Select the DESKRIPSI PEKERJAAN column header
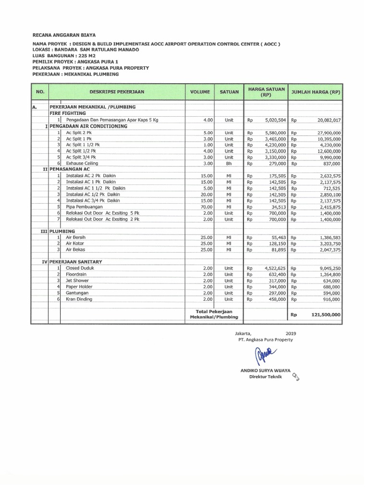point(117,91)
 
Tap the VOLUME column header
point(199,91)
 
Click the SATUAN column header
point(229,91)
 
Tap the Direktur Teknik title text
point(264,377)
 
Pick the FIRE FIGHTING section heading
point(68,113)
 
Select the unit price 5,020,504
point(275,120)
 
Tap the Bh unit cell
point(229,163)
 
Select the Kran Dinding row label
point(79,299)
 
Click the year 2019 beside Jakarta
point(291,332)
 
